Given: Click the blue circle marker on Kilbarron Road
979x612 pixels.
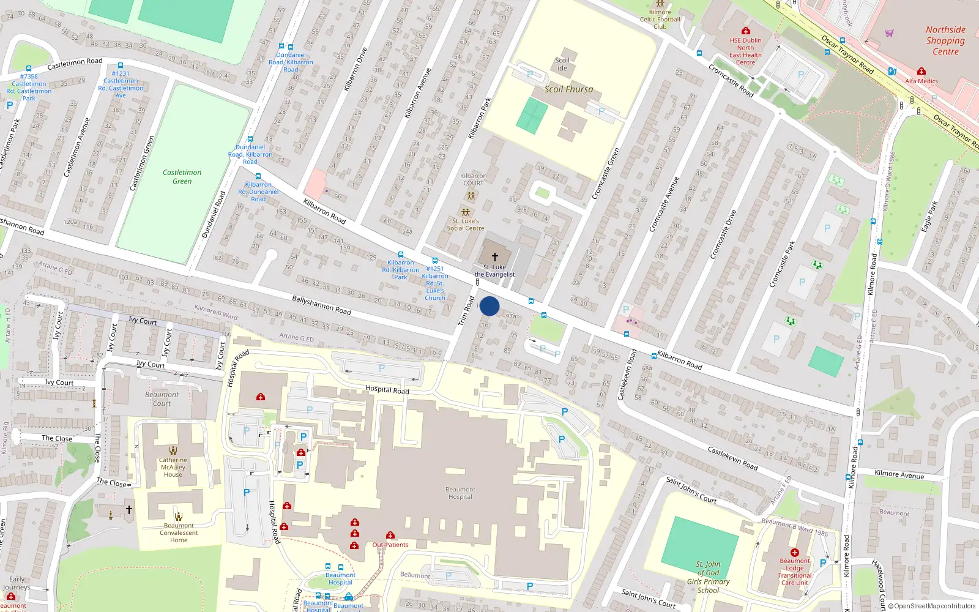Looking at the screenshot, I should (x=489, y=306).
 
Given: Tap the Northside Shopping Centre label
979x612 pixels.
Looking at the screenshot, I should (x=945, y=40).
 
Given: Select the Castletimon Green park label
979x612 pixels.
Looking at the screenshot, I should (x=182, y=177).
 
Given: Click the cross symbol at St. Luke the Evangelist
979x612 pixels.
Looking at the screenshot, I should (x=495, y=257).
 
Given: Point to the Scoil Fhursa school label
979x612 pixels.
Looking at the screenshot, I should (x=568, y=89).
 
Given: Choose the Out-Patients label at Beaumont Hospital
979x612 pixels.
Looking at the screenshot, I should (x=390, y=545).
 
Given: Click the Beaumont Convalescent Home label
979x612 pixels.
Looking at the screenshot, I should (x=179, y=532).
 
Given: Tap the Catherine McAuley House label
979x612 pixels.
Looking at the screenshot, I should (x=173, y=467).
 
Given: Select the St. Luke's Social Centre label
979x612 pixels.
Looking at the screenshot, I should (x=465, y=225).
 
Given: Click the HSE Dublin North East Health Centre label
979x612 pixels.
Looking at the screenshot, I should (x=745, y=51).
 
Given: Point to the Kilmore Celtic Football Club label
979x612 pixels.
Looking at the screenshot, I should (x=660, y=19).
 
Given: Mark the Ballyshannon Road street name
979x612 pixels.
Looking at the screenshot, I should (x=321, y=305).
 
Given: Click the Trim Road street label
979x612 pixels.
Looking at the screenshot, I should (x=466, y=311).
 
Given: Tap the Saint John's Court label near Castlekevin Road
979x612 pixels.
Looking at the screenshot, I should (x=691, y=490).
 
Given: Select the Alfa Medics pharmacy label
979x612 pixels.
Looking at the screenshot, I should (x=921, y=81).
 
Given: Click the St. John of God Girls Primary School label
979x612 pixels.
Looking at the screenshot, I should (x=708, y=577).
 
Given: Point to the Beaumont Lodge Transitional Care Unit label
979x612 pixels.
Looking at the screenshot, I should (x=795, y=572).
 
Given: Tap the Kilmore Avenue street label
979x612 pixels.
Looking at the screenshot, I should (x=899, y=474).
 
